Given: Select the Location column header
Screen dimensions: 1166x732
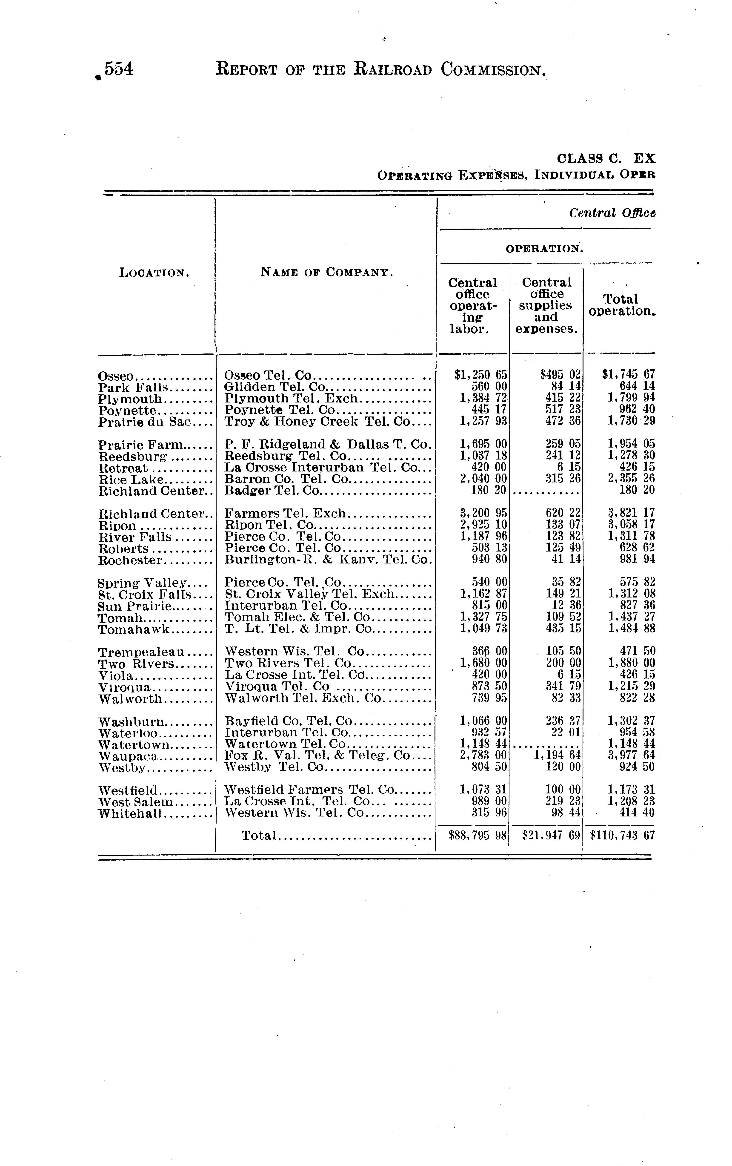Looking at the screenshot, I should point(154,273).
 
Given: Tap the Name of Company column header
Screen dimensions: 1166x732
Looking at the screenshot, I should point(327,272).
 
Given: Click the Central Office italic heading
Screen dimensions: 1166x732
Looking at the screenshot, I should point(612,213).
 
